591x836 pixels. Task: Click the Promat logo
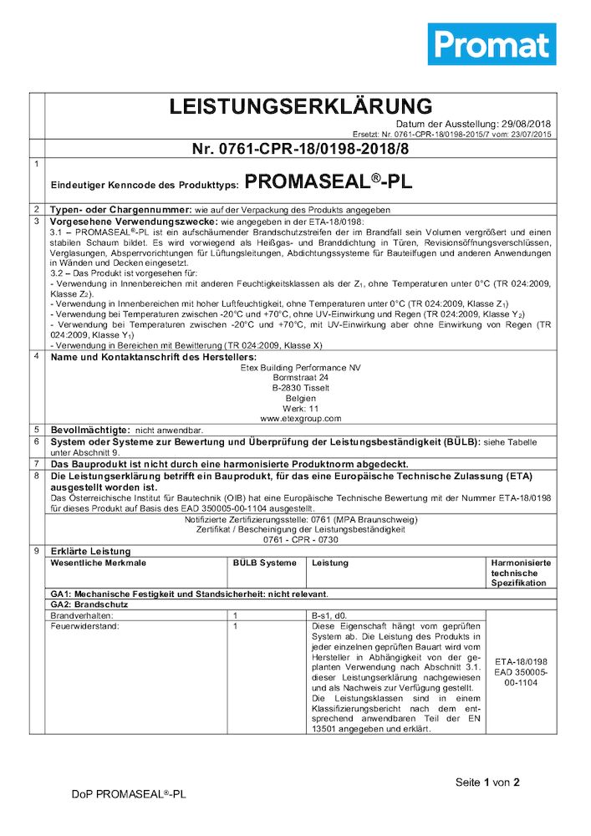coord(492,44)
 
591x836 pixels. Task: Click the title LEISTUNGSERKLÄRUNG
coord(301,106)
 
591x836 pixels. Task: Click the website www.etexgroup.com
coord(300,417)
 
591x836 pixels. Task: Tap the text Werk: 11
coord(300,407)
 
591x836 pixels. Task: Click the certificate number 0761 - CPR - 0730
coord(300,540)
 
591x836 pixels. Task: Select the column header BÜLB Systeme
coord(263,563)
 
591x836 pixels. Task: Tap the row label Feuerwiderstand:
coord(84,625)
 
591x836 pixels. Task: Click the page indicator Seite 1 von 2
coord(487,782)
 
